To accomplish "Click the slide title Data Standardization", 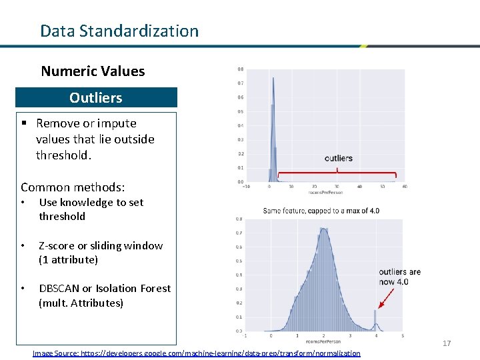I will tap(119, 31).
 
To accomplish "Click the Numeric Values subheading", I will tap(93, 71).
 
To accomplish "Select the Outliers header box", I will tap(96, 97).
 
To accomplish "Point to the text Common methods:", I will tap(73, 188).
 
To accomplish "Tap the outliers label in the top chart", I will tap(338, 158).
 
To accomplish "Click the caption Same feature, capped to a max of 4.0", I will tap(321, 211).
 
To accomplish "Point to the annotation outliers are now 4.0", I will tap(399, 277).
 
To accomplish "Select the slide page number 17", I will tap(447, 343).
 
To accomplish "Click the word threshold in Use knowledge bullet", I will tap(62, 216).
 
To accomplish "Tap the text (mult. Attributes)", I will tap(81, 303).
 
